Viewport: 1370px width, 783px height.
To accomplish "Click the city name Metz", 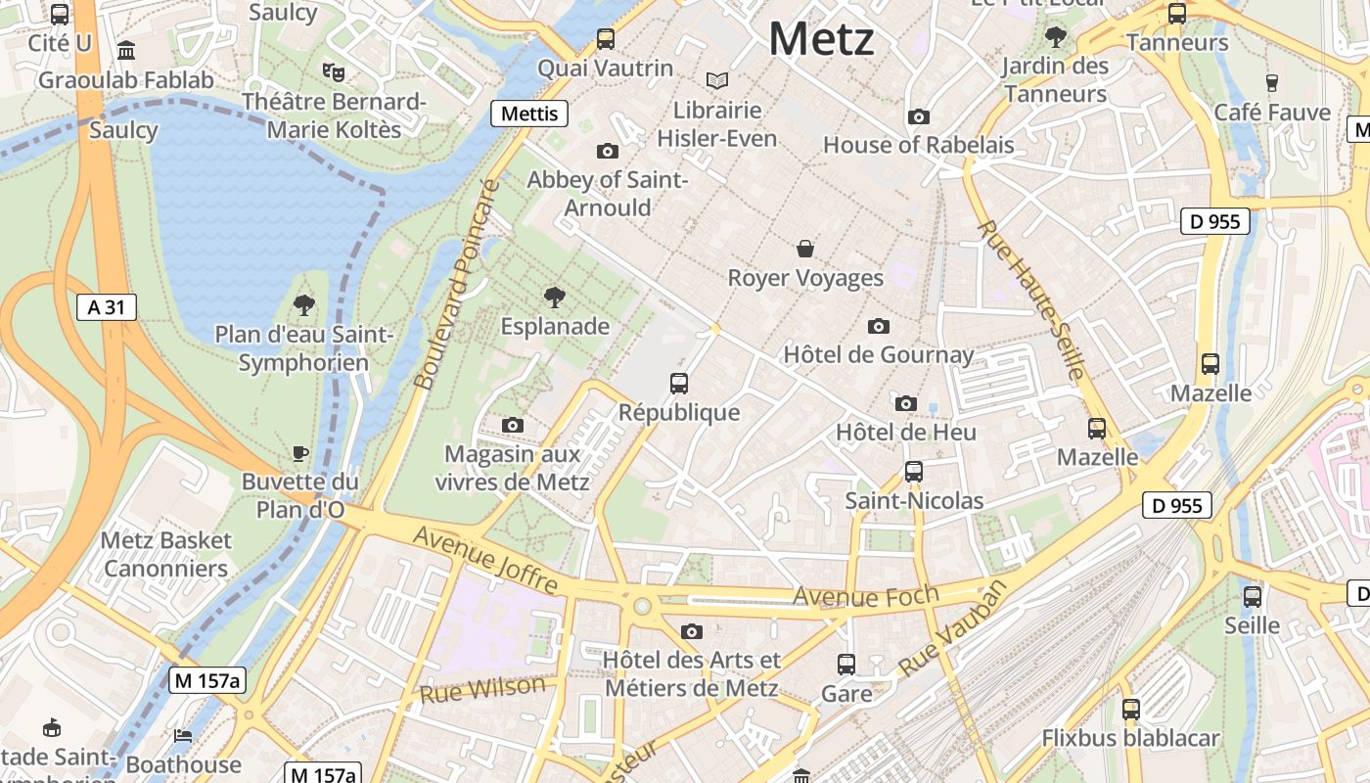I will pyautogui.click(x=821, y=39).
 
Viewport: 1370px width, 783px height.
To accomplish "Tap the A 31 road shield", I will pyautogui.click(x=107, y=307).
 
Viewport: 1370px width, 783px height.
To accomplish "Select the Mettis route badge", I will pyautogui.click(x=529, y=114).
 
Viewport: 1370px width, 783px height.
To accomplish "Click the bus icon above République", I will pyautogui.click(x=679, y=384).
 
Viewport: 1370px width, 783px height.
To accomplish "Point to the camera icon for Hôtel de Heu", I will pyautogui.click(x=906, y=403).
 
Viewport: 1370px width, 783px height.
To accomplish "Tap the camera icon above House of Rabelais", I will pyautogui.click(x=918, y=117).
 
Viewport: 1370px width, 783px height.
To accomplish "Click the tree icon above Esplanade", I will pyautogui.click(x=555, y=297).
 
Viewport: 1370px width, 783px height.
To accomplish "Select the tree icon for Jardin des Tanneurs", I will pyautogui.click(x=1055, y=37).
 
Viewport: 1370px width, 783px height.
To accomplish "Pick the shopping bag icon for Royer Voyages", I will pyautogui.click(x=805, y=249).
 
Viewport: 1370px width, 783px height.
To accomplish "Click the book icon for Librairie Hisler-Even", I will pyautogui.click(x=717, y=80).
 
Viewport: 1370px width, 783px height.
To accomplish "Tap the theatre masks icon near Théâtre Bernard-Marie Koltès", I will pyautogui.click(x=334, y=71).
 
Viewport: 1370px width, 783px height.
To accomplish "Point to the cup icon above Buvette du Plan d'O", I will pyautogui.click(x=300, y=453).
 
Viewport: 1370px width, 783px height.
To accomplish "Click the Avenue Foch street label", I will pyautogui.click(x=865, y=595).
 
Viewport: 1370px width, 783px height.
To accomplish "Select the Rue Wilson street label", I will pyautogui.click(x=482, y=689).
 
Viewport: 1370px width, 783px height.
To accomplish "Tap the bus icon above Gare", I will pyautogui.click(x=846, y=665).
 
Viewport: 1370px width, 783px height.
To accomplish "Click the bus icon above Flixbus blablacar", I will pyautogui.click(x=1131, y=709).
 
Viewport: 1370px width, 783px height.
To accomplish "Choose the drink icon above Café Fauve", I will pyautogui.click(x=1272, y=82).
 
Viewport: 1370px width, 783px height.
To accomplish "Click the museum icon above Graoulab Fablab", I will pyautogui.click(x=126, y=50).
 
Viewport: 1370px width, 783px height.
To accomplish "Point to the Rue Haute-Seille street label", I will pyautogui.click(x=1031, y=299).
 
